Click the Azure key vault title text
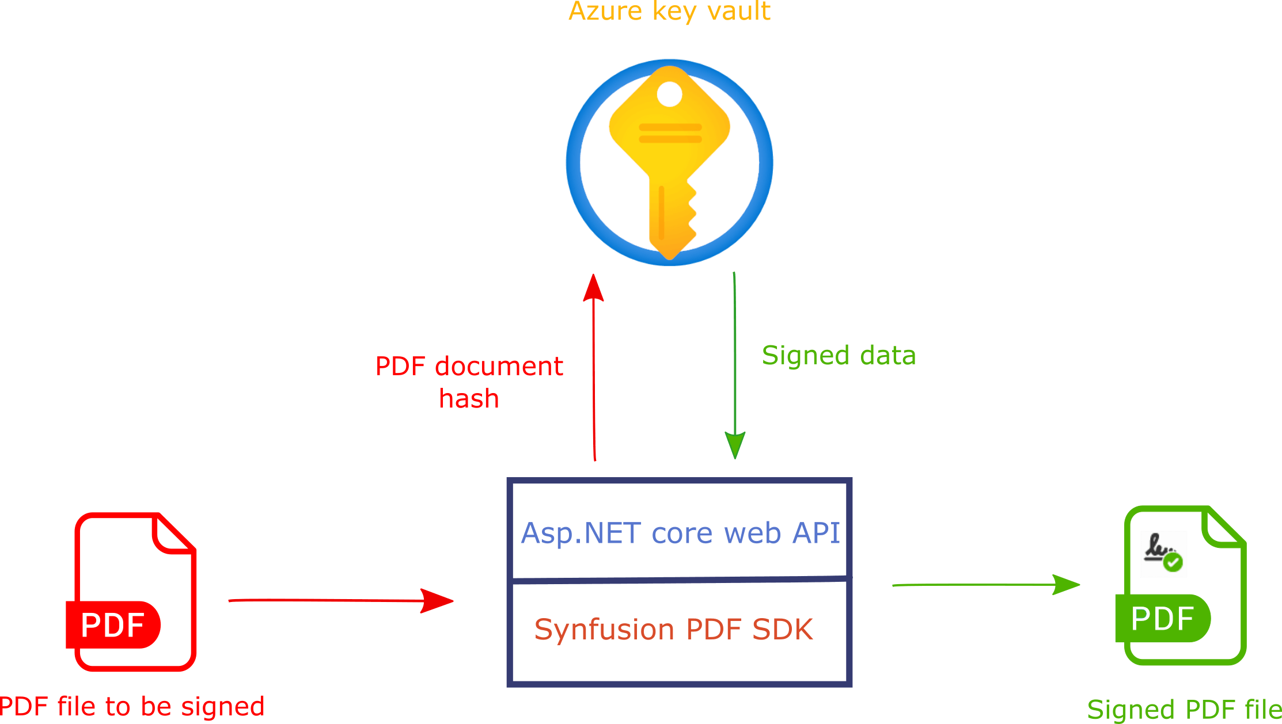669,12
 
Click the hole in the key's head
669,94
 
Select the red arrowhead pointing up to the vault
593,287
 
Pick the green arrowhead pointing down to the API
735,444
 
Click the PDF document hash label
469,382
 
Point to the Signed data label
839,355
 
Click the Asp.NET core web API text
680,533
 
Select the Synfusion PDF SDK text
673,629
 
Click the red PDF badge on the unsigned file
113,624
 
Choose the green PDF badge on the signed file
1162,619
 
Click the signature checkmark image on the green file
1163,554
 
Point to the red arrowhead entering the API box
437,601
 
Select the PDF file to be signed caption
132,706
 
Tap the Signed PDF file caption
1184,709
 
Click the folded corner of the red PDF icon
173,532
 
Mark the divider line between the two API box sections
680,580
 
